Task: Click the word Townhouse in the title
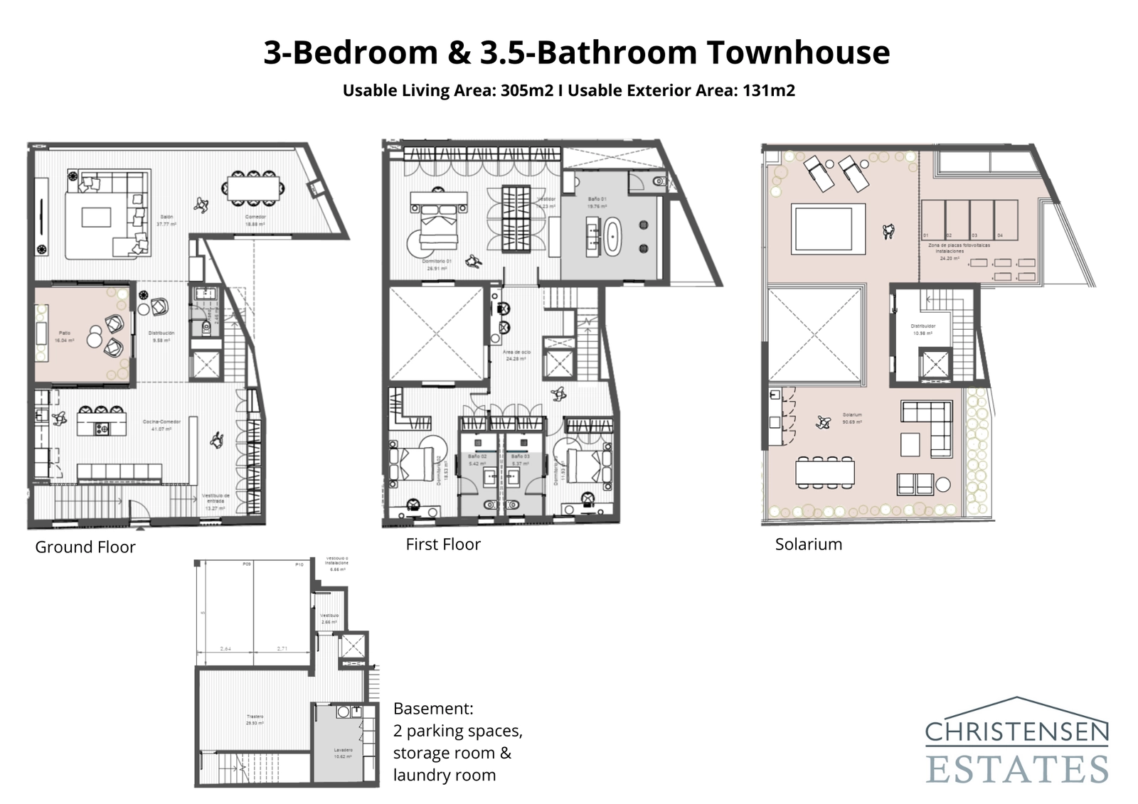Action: tap(798, 53)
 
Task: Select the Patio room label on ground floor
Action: tap(65, 333)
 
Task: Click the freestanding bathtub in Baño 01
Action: tap(612, 236)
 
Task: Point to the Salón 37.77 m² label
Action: tap(166, 220)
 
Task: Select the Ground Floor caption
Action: tap(85, 547)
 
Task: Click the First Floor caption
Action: tap(443, 544)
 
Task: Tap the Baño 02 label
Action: tap(477, 456)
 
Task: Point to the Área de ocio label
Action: tap(517, 351)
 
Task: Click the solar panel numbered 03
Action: tap(981, 221)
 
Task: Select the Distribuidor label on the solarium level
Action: tap(923, 326)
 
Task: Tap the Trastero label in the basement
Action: tap(255, 716)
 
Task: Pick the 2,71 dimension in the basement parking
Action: tap(283, 648)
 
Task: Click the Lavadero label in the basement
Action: tap(344, 750)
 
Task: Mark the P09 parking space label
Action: tap(246, 564)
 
